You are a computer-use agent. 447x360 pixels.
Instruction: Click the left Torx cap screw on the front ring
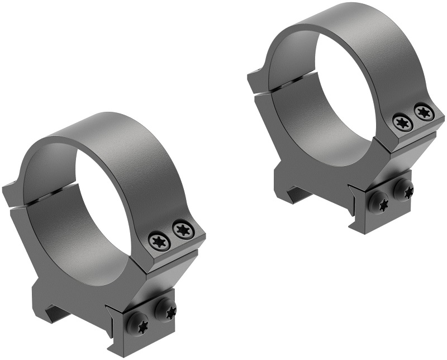click(x=156, y=240)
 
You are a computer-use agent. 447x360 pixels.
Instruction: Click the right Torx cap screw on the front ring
click(x=180, y=228)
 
